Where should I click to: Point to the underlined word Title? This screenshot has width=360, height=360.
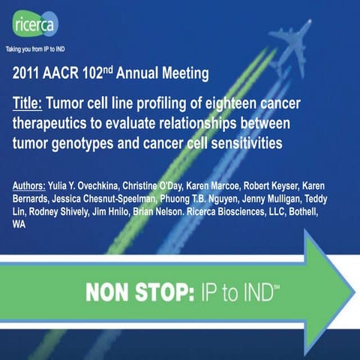(32, 103)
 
